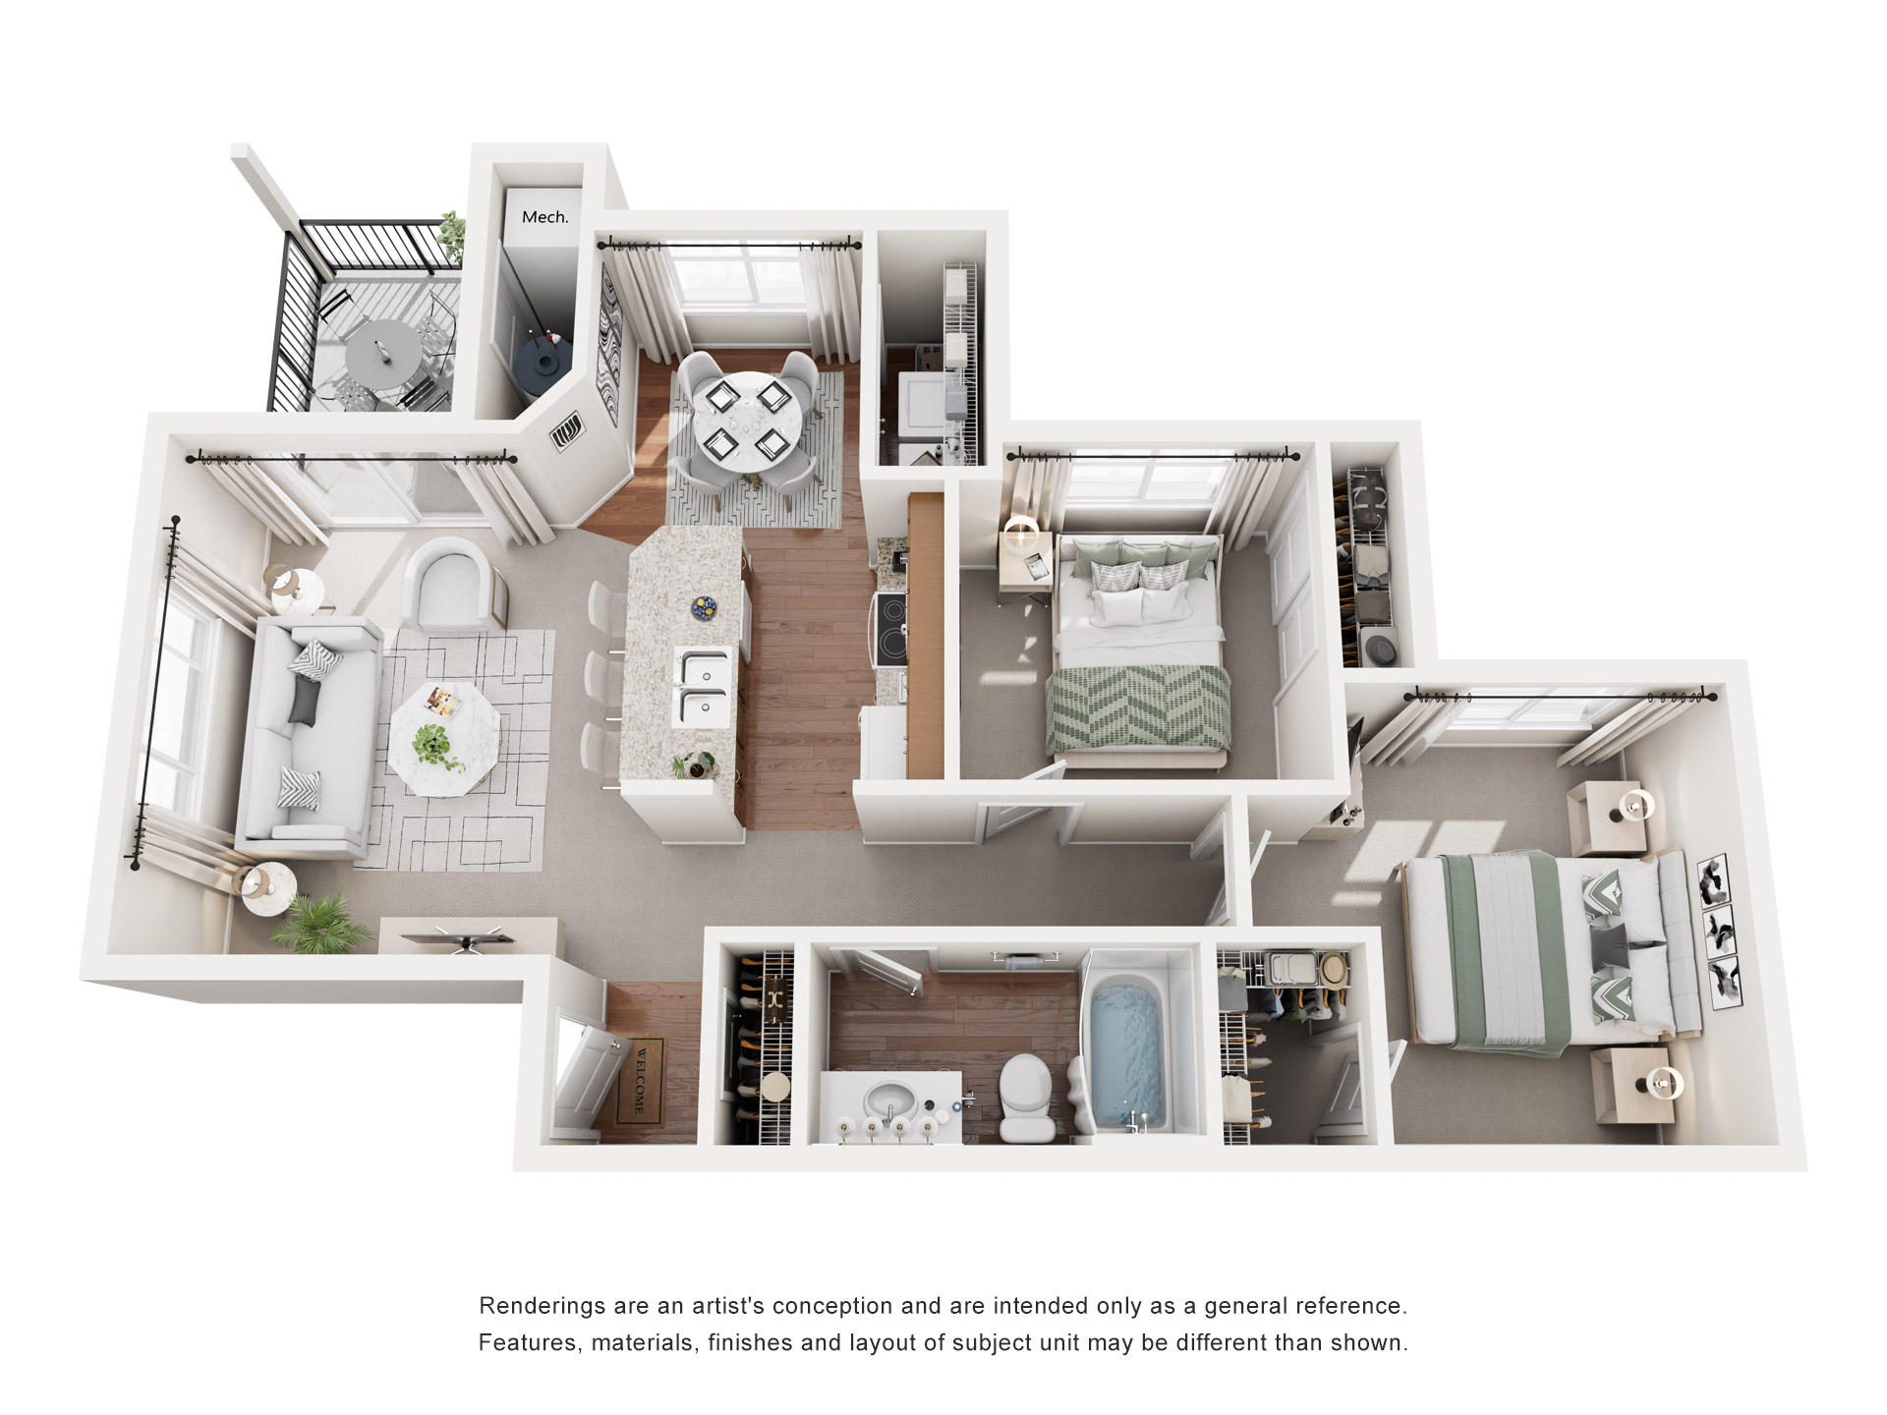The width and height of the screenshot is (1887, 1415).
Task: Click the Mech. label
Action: pos(544,217)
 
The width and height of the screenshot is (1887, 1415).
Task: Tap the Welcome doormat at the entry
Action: pos(640,1082)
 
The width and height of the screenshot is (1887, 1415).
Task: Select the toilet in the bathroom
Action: pos(1027,1097)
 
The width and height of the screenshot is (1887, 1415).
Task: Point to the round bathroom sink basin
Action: pos(892,1097)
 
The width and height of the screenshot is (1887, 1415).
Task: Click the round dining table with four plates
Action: pos(750,424)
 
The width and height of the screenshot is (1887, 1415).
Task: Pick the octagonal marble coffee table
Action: pos(444,738)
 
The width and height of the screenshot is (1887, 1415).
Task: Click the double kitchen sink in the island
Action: pos(706,687)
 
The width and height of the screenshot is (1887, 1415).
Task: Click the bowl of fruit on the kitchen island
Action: pos(705,607)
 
